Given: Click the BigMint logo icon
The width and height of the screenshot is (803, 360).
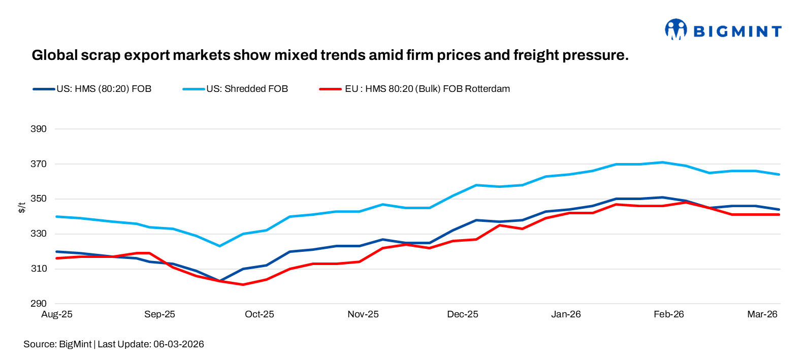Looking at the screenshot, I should pyautogui.click(x=676, y=29).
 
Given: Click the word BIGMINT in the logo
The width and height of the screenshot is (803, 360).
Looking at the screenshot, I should pyautogui.click(x=737, y=31).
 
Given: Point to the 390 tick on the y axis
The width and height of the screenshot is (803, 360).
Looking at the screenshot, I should pyautogui.click(x=39, y=129).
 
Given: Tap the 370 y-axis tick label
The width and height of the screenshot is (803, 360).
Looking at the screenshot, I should pyautogui.click(x=39, y=164).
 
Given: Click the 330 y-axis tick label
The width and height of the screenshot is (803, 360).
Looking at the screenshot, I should pyautogui.click(x=39, y=234).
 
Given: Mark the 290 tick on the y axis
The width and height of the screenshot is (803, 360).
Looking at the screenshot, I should pyautogui.click(x=39, y=304).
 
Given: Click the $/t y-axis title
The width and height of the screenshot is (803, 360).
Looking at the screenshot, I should pyautogui.click(x=22, y=207).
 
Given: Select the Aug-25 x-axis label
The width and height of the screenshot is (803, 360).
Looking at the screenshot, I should pyautogui.click(x=57, y=314).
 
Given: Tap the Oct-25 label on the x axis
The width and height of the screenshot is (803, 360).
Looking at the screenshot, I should pyautogui.click(x=259, y=314).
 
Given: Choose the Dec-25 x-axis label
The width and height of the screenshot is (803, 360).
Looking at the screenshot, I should pyautogui.click(x=462, y=314).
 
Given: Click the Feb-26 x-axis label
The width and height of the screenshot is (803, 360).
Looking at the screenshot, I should pyautogui.click(x=668, y=314).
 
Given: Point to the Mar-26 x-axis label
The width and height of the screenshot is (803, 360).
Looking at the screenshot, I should pyautogui.click(x=762, y=314).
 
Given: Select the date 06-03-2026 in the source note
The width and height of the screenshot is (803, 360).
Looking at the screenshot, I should pyautogui.click(x=179, y=344).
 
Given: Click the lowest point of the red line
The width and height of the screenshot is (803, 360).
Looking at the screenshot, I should pyautogui.click(x=243, y=284).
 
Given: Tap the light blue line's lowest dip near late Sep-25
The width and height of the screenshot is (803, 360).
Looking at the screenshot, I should pyautogui.click(x=219, y=246).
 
